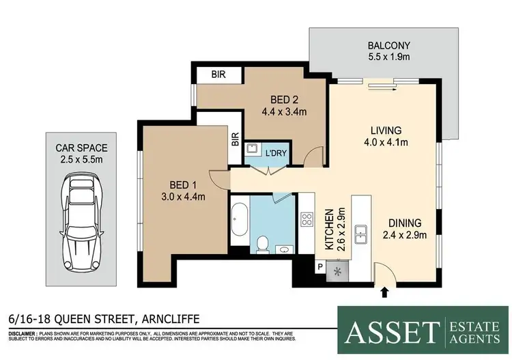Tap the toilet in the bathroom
263,243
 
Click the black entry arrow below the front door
384,292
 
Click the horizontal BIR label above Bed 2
217,74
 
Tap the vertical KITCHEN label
330,231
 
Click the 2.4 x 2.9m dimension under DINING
403,236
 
